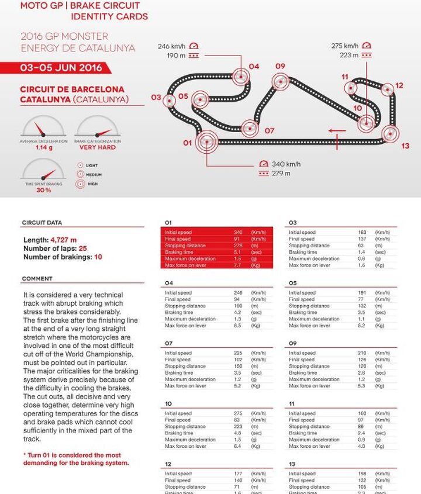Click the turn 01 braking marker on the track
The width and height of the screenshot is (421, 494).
206,141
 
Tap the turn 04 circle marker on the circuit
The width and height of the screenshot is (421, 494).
240,76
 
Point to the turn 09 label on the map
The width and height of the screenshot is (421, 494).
280,66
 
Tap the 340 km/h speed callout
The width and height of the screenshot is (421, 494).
286,164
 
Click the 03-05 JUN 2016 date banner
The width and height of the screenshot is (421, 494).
61,68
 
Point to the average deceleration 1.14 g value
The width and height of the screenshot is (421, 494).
43,147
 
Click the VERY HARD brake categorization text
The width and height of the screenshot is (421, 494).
98,147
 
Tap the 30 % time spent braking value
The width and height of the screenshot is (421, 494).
43,190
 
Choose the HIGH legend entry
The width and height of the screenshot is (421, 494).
92,184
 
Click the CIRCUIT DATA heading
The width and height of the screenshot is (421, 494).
42,223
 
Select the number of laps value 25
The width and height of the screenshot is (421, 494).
82,248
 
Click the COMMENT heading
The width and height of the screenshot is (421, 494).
37,279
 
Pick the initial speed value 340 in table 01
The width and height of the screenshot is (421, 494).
238,233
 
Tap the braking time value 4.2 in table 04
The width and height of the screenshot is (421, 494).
237,313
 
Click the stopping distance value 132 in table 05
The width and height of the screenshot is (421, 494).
362,306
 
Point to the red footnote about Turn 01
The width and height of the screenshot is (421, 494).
72,459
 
